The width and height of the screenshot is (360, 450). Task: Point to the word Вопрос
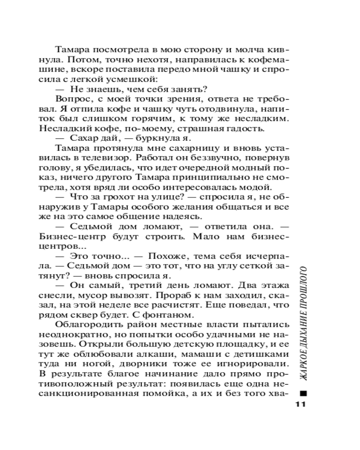point(70,99)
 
